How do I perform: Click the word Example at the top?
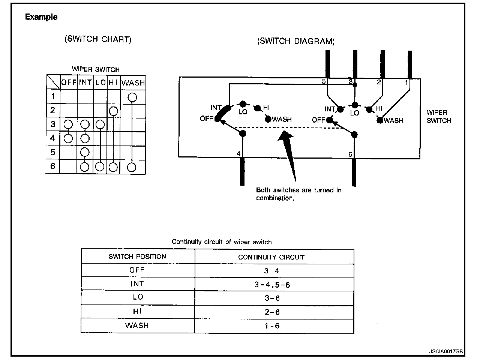(x=41, y=17)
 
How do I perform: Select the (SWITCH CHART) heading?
(x=98, y=39)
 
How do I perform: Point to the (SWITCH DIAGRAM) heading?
(x=295, y=41)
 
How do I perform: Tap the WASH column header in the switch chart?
(x=133, y=82)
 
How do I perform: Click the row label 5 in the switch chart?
(x=53, y=152)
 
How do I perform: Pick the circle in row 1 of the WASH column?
(x=132, y=97)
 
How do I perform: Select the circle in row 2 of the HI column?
(x=113, y=111)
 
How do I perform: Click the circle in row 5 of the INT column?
(x=85, y=152)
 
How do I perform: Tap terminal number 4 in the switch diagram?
(x=238, y=153)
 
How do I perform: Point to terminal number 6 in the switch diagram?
(x=350, y=154)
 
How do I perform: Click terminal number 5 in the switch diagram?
(x=324, y=81)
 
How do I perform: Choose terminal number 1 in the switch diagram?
(x=406, y=82)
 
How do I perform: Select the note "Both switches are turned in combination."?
(x=298, y=194)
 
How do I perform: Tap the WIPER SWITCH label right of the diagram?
(x=439, y=116)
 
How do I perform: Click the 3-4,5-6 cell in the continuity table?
(x=272, y=285)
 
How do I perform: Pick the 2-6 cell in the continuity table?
(x=272, y=312)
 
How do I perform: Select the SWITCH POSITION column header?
(x=137, y=257)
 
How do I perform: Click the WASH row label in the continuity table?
(x=137, y=325)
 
